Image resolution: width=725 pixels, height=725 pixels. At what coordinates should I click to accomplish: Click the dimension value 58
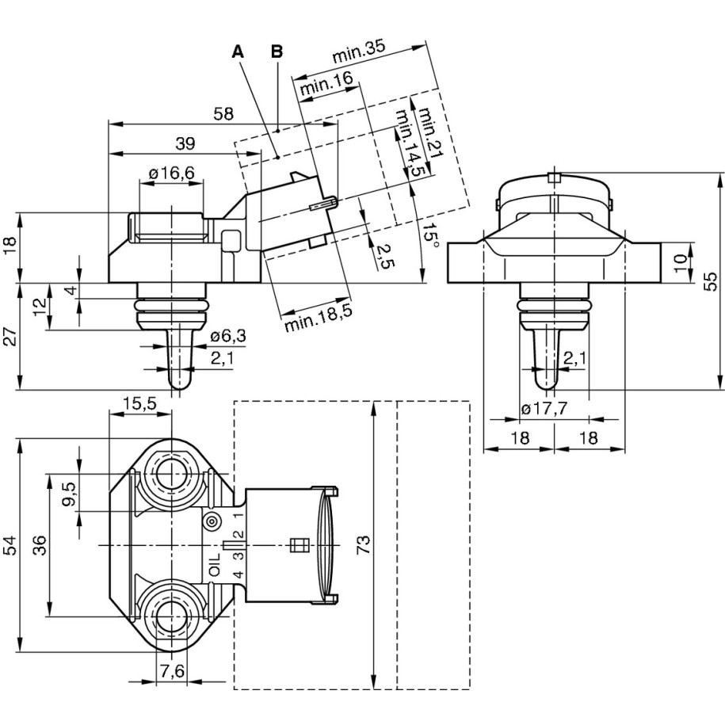pyautogui.click(x=223, y=114)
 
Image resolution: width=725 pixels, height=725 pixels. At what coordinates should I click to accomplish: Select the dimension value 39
pyautogui.click(x=185, y=143)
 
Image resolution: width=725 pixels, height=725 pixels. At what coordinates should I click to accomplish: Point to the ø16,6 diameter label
pyautogui.click(x=171, y=174)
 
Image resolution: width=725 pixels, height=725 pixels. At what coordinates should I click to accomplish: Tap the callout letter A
pyautogui.click(x=238, y=52)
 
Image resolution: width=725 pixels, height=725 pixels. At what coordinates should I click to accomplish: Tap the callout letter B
pyautogui.click(x=277, y=52)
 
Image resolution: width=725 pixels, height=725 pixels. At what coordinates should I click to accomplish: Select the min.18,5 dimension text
pyautogui.click(x=319, y=314)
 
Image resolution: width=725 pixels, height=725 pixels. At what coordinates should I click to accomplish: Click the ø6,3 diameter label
pyautogui.click(x=228, y=337)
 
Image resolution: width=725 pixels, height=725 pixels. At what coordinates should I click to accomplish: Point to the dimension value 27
pyautogui.click(x=10, y=337)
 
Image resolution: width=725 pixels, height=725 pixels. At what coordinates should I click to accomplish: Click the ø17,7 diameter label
pyautogui.click(x=547, y=409)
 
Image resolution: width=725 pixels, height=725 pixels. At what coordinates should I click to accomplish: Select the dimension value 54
pyautogui.click(x=10, y=544)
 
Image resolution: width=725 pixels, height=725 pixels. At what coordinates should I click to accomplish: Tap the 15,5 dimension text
pyautogui.click(x=139, y=405)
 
